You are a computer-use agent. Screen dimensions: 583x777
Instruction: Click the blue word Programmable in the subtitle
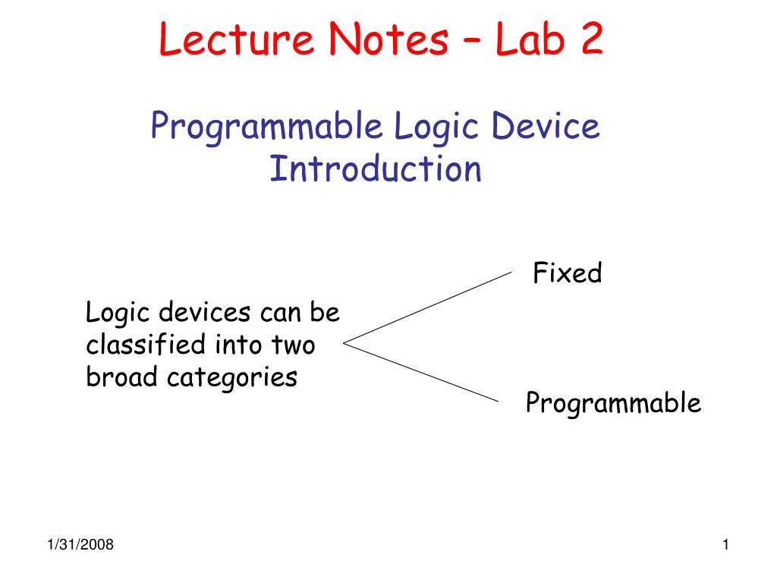click(266, 127)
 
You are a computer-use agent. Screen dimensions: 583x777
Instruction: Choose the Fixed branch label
click(567, 273)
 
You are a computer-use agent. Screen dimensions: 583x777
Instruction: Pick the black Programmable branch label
click(613, 404)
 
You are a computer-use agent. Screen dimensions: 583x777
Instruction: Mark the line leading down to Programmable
click(423, 371)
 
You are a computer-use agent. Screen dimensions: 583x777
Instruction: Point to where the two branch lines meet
click(345, 343)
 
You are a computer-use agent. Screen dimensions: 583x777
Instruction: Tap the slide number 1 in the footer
click(726, 544)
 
